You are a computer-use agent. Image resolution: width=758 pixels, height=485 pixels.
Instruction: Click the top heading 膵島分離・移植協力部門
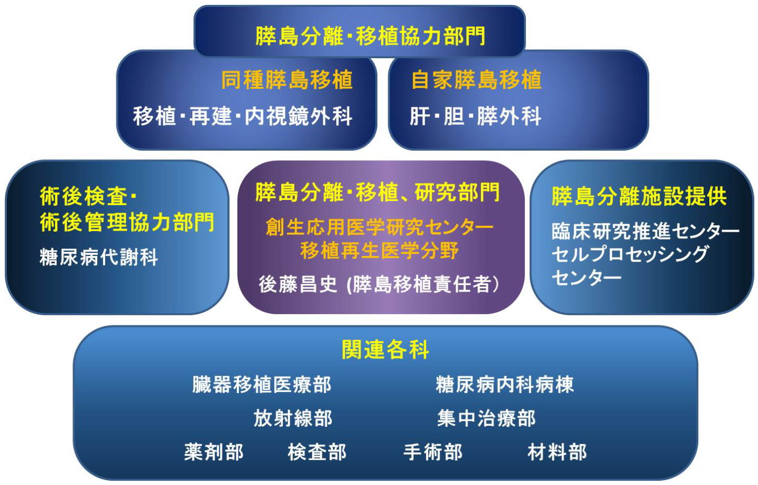pos(371,36)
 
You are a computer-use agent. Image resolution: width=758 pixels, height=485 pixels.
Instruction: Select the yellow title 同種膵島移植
pos(287,80)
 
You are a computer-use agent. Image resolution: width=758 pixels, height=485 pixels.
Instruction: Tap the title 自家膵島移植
pos(476,80)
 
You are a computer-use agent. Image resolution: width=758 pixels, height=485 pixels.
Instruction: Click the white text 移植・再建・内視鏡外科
pos(243,116)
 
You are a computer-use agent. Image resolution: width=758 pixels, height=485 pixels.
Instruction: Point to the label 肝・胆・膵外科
pos(475,116)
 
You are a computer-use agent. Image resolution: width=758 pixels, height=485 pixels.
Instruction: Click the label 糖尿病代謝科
pos(99,257)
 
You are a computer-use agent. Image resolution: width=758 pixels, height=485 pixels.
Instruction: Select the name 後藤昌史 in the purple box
pos(298,284)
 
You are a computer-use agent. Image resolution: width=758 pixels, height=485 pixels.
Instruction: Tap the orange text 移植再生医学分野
pos(380,251)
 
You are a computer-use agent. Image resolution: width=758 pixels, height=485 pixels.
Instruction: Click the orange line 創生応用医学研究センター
pos(380,226)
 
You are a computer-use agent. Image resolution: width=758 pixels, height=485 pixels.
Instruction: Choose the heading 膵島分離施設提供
pos(639,196)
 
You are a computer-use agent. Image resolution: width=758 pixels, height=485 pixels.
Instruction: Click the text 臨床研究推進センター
pos(645,231)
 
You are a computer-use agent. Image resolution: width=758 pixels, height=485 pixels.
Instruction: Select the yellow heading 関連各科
pos(385,349)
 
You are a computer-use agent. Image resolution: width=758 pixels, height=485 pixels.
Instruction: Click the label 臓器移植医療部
pos(262,385)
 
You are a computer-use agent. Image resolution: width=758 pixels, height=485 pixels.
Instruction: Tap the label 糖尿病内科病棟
pos(505,385)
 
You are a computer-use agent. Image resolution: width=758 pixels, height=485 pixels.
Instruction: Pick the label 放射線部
pos(293,418)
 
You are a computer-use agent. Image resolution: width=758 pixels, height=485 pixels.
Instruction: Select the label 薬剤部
pos(214,452)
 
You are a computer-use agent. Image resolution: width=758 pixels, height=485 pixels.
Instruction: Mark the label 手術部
pos(433,452)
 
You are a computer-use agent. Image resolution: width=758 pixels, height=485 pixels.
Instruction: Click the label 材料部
pos(557,452)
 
